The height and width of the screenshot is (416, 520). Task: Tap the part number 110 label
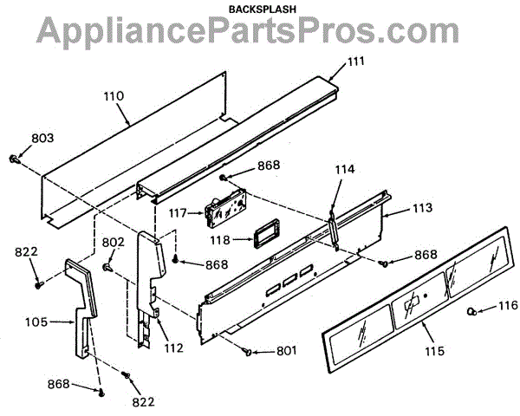pos(114,95)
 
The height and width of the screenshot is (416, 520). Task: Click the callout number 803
pos(42,137)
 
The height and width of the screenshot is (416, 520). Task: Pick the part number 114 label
pos(345,170)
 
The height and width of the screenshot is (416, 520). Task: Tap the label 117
pos(177,211)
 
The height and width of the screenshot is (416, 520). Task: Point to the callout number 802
pos(114,242)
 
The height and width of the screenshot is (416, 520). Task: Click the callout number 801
pos(285,351)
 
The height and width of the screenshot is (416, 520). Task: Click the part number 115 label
pos(434,351)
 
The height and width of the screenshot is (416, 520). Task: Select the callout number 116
pos(507,305)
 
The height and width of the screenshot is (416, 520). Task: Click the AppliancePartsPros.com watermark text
pos(259,32)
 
